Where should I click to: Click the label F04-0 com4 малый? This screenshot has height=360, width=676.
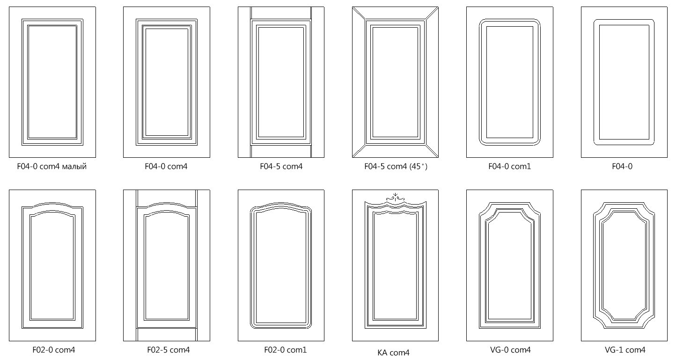point(52,166)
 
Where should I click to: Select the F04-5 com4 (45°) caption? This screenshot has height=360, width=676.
point(396,166)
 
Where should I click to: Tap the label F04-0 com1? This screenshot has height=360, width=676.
point(509,166)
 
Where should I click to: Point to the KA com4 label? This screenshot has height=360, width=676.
point(393,353)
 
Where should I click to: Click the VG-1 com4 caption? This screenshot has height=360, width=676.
point(625,350)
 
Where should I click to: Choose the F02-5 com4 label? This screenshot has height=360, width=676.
point(168,350)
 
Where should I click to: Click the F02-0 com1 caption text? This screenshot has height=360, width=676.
point(285,350)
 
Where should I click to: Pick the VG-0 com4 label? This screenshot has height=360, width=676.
point(510,350)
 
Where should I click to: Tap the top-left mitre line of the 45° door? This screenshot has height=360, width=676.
point(360,14)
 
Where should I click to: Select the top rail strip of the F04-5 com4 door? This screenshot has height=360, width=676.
point(281,13)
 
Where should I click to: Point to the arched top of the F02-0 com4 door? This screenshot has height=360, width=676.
point(52,205)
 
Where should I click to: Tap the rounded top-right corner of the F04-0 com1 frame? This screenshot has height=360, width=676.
point(536,23)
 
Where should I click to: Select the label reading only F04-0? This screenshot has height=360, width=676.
point(622,166)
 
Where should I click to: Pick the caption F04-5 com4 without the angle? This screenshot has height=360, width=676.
point(281,166)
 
